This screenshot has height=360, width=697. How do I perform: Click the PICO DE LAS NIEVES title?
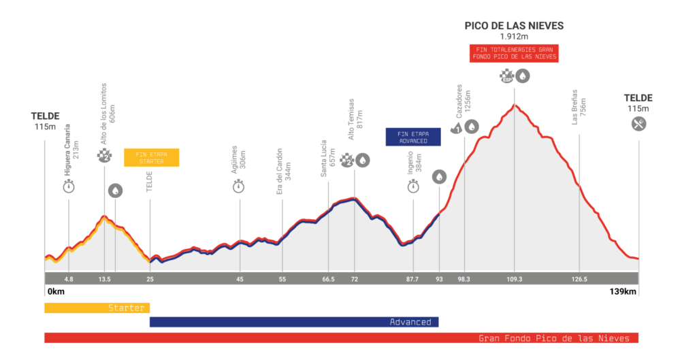tap(514, 26)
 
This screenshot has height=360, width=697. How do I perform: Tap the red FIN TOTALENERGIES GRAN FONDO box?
tap(514, 53)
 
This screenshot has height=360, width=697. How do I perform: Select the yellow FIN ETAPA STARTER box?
tap(151, 157)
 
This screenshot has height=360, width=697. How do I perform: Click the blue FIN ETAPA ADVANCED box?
tap(413, 137)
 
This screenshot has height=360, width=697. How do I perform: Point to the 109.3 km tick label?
tap(514, 279)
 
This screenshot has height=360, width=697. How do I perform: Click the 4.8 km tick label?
tap(68, 279)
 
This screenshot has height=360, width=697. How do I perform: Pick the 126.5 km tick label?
tap(579, 279)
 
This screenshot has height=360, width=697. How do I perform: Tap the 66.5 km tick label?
tap(328, 279)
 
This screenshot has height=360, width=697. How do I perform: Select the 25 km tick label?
tap(150, 279)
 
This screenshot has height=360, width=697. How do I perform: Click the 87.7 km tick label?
tap(412, 279)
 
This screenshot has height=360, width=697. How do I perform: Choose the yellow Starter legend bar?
tap(97, 308)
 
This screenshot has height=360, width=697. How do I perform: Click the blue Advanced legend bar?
tap(294, 322)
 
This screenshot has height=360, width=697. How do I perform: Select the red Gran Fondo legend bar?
tap(341, 338)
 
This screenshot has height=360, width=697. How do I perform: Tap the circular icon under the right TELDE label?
tap(638, 124)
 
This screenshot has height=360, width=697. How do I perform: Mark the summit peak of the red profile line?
tap(515, 105)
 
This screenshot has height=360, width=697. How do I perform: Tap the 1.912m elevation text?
tap(514, 37)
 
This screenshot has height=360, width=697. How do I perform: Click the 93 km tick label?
tap(439, 279)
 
